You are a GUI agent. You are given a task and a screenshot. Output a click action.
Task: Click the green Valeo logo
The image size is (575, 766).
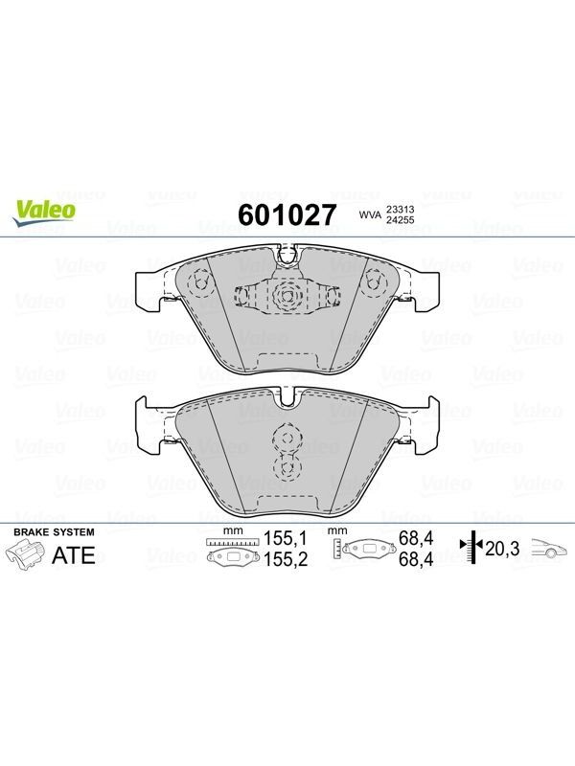[44, 213]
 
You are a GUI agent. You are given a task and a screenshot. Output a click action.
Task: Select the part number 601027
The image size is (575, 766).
[287, 214]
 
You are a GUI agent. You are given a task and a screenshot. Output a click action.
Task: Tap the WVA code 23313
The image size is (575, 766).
[401, 209]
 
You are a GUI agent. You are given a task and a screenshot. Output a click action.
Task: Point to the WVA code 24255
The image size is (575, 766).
[401, 220]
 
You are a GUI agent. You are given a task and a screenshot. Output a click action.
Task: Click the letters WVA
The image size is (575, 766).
[370, 214]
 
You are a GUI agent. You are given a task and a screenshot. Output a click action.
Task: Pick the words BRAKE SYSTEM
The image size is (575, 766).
[54, 532]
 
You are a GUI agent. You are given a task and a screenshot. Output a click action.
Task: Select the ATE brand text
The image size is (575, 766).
[74, 555]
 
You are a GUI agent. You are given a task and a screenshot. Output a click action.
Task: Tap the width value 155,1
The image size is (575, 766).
[286, 538]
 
